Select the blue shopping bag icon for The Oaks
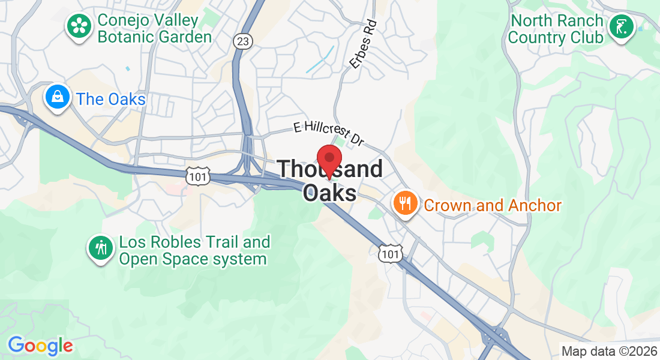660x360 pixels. [x=58, y=97]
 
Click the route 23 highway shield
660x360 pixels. [x=243, y=41]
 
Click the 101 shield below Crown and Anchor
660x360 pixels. [x=389, y=253]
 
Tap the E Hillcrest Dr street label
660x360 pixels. [x=329, y=133]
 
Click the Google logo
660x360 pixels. [x=40, y=346]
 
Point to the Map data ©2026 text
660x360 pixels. [x=609, y=351]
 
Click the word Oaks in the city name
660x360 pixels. [x=329, y=193]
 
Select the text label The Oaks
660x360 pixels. [x=111, y=99]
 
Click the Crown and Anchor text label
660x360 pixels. [x=493, y=206]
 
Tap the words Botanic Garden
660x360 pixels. [x=155, y=37]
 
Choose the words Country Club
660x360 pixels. [x=556, y=37]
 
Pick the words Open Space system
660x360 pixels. [x=193, y=259]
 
